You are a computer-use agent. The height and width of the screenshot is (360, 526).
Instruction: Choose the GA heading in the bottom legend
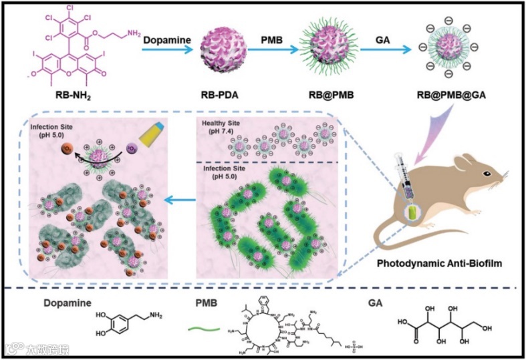(376, 303)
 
